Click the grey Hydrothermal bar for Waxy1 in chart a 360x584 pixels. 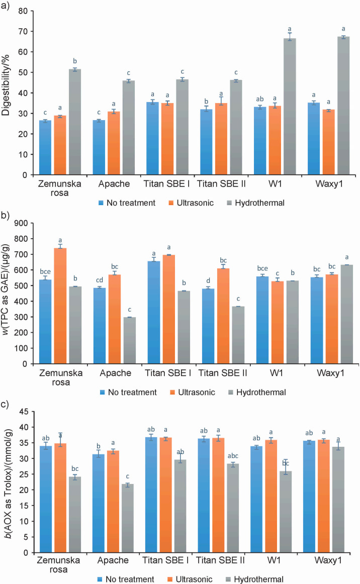click(x=343, y=106)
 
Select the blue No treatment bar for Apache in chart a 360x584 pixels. click(x=99, y=147)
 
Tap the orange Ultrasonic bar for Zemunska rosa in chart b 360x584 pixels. click(x=60, y=306)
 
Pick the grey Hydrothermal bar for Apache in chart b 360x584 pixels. click(x=130, y=340)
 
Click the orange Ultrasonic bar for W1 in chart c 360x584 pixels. click(x=271, y=497)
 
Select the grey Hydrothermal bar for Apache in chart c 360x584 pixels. click(x=127, y=519)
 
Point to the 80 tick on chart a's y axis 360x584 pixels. click(x=23, y=11)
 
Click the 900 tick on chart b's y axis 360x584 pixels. click(x=21, y=223)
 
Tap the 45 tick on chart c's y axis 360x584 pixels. click(x=24, y=412)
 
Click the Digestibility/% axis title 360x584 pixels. click(x=6, y=85)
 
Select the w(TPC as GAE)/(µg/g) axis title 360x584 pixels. click(x=6, y=289)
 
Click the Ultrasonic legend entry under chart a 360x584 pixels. click(x=191, y=203)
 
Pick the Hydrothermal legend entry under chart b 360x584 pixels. click(x=257, y=392)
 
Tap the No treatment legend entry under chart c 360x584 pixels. click(x=126, y=579)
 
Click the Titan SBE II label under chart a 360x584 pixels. click(x=221, y=183)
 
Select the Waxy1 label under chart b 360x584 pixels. click(x=330, y=373)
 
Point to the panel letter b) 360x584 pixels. click(x=5, y=216)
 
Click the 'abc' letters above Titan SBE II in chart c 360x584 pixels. click(x=233, y=456)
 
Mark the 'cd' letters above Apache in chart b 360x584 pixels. click(x=100, y=280)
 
